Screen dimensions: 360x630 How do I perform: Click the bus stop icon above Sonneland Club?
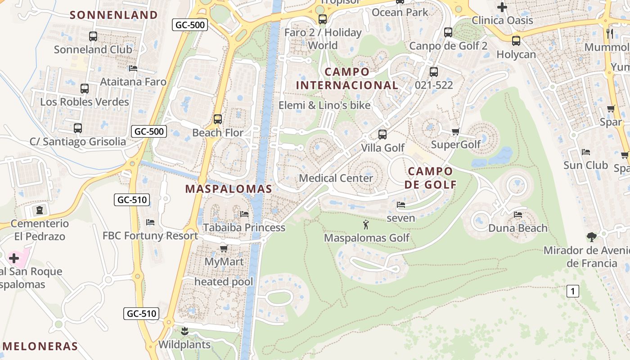click(93, 36)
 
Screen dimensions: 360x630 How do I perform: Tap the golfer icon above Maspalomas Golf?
click(366, 224)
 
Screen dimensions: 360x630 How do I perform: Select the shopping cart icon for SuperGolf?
click(455, 131)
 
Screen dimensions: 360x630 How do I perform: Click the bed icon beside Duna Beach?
click(518, 215)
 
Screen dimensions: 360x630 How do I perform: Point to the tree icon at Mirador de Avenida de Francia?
click(591, 237)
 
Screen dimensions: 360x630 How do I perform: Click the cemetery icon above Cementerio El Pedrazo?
click(40, 210)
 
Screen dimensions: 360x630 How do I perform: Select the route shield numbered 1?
click(572, 291)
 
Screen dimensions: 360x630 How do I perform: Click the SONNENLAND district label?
click(114, 15)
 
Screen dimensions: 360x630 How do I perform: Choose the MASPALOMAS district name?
click(229, 189)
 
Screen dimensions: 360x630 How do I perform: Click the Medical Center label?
click(336, 178)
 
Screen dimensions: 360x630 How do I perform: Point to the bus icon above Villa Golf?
click(382, 134)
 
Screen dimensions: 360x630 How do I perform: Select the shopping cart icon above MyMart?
click(224, 248)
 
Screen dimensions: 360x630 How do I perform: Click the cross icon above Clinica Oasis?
click(502, 7)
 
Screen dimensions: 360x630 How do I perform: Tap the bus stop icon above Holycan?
click(516, 41)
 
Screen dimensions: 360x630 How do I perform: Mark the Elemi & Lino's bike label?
click(324, 105)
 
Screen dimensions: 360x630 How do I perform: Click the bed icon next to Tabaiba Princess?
click(244, 214)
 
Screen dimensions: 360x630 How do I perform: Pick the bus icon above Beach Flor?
click(218, 119)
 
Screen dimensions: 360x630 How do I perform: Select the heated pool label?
click(224, 282)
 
